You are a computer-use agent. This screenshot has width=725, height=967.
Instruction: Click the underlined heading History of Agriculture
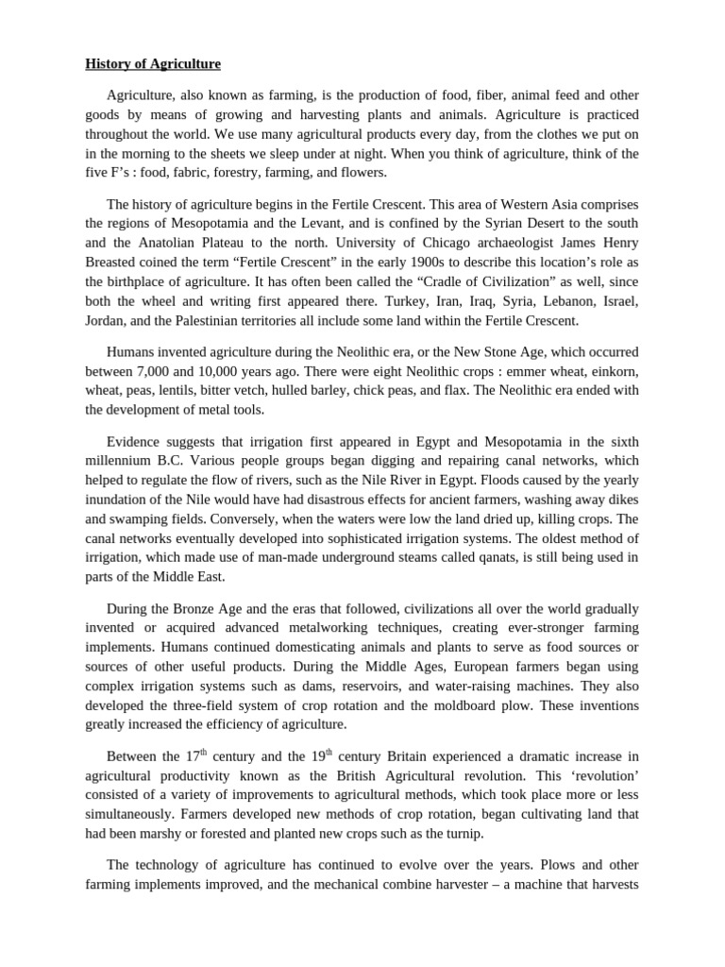pyautogui.click(x=153, y=64)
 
